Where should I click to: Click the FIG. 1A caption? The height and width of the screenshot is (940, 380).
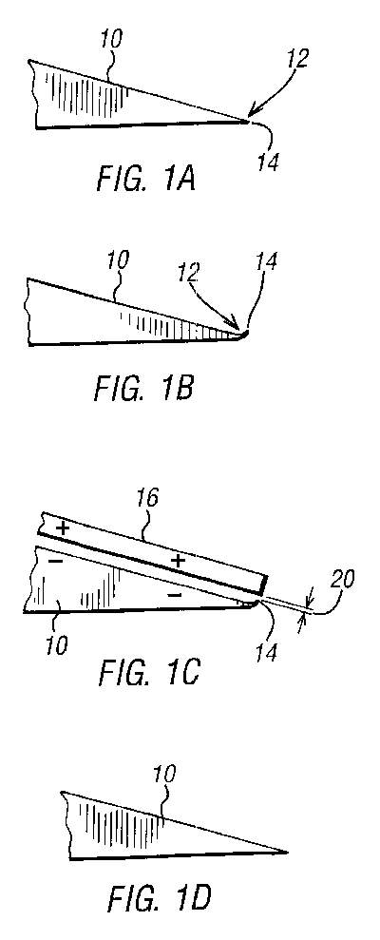coord(145,179)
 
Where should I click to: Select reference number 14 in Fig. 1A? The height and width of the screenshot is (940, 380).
coord(269,162)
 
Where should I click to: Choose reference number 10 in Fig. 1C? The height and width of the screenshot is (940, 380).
coord(56,646)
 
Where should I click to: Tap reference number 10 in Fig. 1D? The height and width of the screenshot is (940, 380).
coord(165,776)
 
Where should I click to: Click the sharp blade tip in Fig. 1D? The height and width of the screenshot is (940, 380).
coord(287,852)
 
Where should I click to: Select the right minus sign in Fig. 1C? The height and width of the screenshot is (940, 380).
coord(174,595)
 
